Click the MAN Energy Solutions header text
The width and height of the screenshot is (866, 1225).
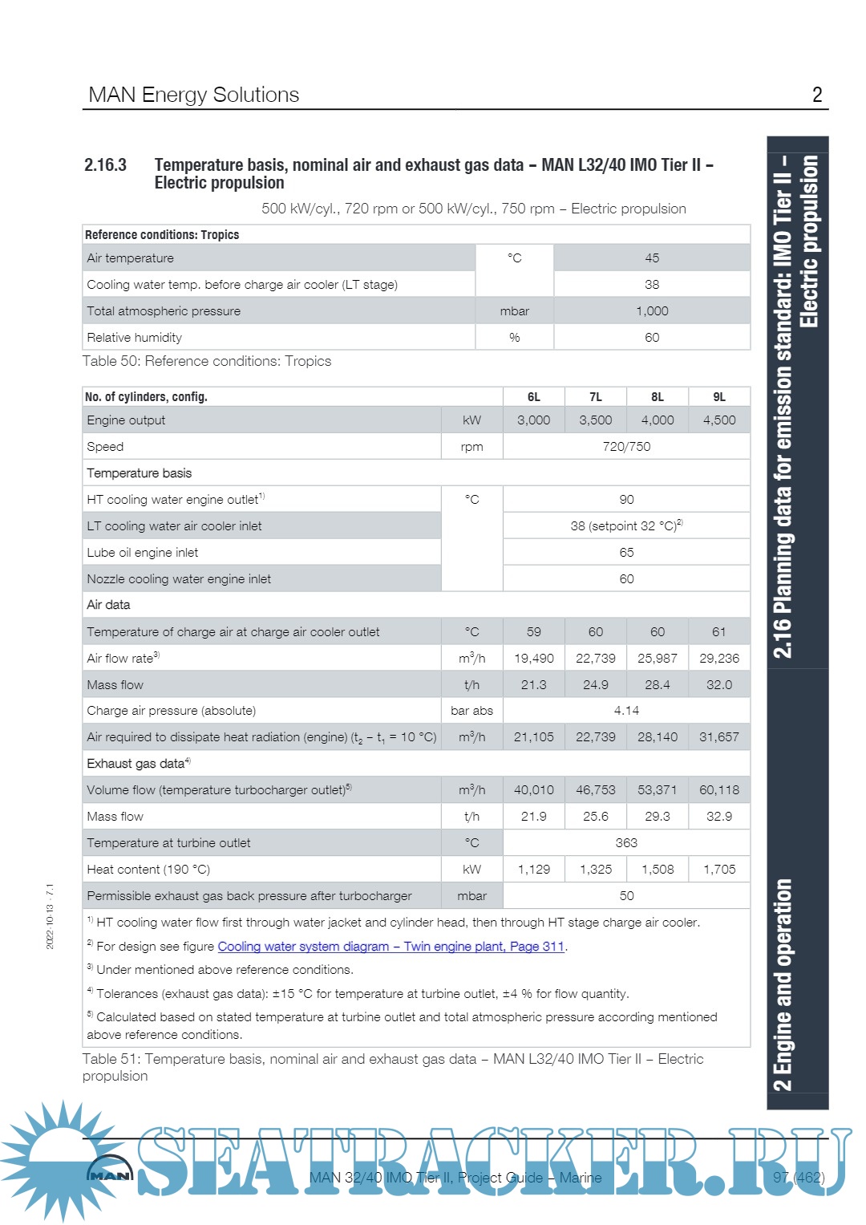[x=193, y=95]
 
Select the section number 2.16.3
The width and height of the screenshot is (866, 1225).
[x=105, y=165]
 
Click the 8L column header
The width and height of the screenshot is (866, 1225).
[x=657, y=397]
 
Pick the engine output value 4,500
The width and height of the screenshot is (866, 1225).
[x=718, y=420]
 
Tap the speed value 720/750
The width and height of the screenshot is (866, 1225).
[x=626, y=447]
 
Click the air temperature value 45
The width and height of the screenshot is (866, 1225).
[x=652, y=258]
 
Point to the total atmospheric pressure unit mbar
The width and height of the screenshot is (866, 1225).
[x=514, y=311]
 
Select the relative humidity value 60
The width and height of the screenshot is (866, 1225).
[x=652, y=338]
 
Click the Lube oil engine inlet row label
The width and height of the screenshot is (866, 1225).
[x=142, y=553]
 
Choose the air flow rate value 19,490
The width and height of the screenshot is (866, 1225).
[x=533, y=659]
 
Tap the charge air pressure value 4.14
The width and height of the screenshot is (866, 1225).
[x=626, y=711]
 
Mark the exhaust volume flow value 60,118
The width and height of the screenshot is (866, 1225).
[x=718, y=790]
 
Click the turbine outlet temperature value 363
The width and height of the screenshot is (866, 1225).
[x=626, y=843]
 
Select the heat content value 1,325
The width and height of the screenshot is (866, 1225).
[x=595, y=870]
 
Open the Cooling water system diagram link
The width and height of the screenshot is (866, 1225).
[x=391, y=947]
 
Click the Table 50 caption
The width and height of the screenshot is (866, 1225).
[x=207, y=361]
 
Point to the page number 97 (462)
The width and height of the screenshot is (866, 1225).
[x=798, y=1178]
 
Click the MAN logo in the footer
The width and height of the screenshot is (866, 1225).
[x=109, y=1174]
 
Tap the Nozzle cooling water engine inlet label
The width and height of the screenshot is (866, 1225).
[x=179, y=579]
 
